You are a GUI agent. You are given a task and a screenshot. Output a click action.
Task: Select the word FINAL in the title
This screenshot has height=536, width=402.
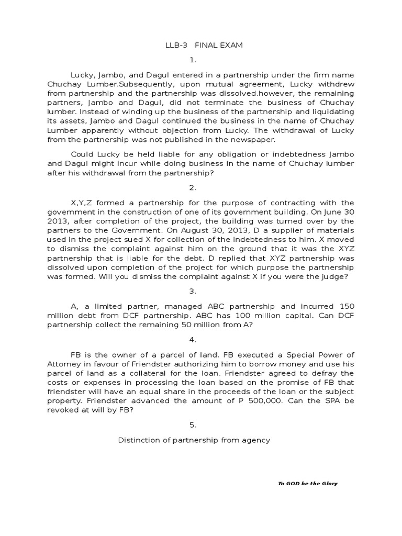click(206, 46)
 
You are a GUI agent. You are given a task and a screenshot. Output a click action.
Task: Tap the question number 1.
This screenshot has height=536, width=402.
click(201, 60)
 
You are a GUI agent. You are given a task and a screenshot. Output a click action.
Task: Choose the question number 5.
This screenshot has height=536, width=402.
click(201, 426)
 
